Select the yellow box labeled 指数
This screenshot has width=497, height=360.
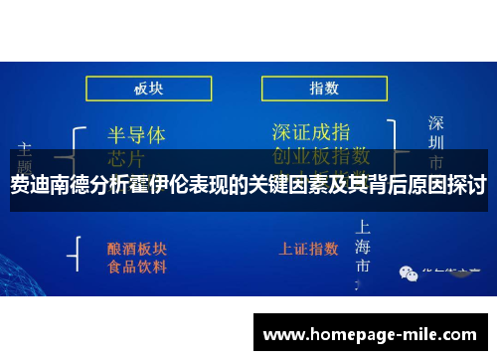click(x=323, y=89)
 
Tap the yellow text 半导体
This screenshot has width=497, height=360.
click(x=135, y=134)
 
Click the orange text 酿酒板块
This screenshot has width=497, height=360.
click(x=137, y=248)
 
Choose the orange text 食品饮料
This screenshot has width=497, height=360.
click(x=137, y=267)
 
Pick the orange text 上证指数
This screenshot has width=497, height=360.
click(x=310, y=248)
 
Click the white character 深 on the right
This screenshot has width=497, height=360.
click(x=435, y=123)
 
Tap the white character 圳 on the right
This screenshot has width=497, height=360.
click(x=435, y=142)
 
